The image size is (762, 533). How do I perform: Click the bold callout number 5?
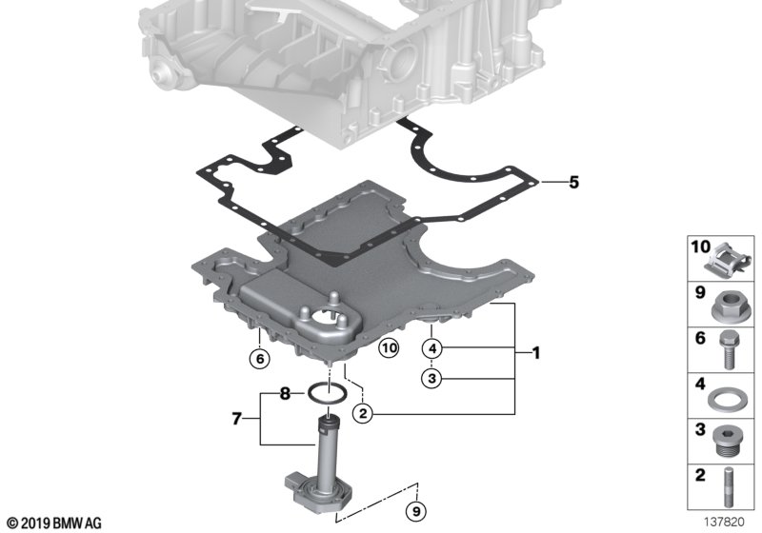(573, 181)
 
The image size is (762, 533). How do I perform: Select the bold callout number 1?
(535, 354)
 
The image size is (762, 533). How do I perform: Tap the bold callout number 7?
(239, 417)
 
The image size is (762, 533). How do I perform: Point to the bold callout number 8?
(285, 392)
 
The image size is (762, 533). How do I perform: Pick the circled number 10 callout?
(388, 348)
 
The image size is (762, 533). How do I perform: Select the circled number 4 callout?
(432, 348)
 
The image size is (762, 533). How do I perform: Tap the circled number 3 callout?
(432, 378)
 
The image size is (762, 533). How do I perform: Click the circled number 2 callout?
(362, 413)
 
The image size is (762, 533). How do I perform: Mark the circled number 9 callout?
(415, 512)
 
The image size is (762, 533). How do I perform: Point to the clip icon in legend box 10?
(729, 257)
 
